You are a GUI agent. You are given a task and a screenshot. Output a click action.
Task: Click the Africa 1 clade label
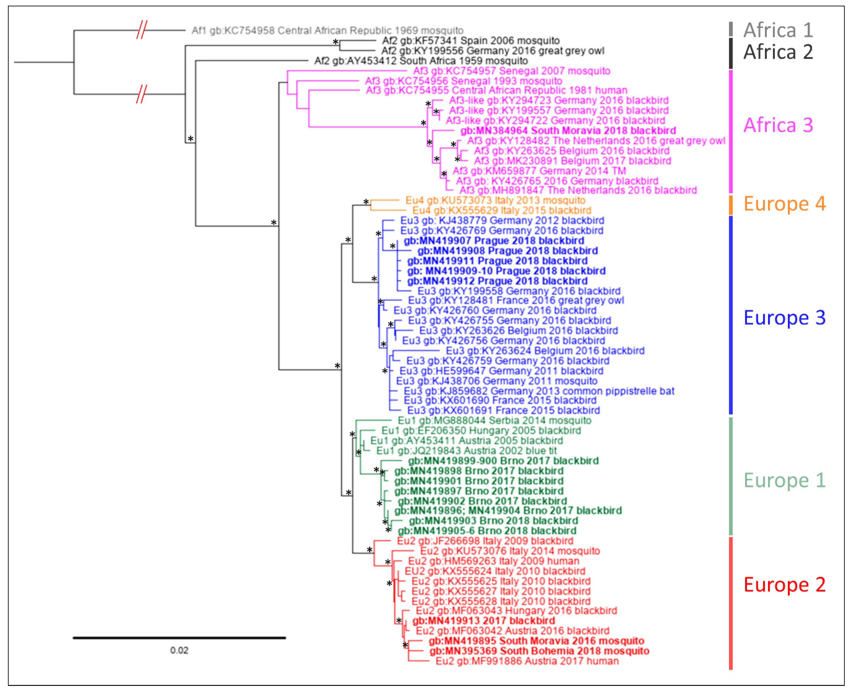778,30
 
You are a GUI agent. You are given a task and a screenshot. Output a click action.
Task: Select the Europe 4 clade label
784,204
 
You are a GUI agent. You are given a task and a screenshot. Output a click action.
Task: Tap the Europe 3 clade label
784,318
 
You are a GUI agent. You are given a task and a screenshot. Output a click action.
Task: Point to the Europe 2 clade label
784,585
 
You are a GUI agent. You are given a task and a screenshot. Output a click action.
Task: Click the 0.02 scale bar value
179,650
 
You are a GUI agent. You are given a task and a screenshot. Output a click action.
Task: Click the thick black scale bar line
179,638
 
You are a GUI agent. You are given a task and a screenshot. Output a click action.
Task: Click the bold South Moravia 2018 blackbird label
568,131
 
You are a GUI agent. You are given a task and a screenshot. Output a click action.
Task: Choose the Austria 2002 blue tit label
466,451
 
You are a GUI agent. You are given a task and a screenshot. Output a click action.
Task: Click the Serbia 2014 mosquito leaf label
494,421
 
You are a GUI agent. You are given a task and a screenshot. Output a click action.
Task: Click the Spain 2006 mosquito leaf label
471,41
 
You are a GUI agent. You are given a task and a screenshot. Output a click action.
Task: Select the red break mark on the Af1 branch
141,30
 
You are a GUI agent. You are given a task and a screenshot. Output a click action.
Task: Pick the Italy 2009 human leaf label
493,561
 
